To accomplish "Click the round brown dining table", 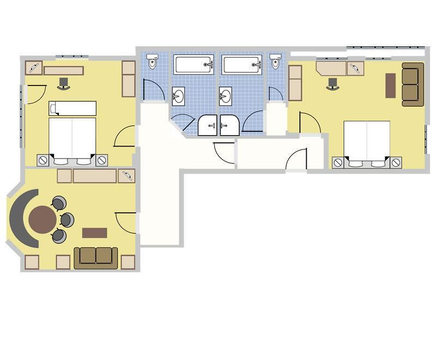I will (43, 219).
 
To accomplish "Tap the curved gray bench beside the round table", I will (17, 218).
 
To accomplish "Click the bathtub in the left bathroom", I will (193, 65).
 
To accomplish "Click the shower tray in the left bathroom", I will (208, 125).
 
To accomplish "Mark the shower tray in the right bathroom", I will (231, 125).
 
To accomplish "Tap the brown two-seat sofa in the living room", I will (96, 257).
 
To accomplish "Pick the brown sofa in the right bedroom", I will (413, 84).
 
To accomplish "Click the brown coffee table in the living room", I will (94, 233).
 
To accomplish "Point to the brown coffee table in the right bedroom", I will (390, 86).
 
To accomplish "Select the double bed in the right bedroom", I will (367, 142).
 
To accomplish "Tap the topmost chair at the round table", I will (58, 204).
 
